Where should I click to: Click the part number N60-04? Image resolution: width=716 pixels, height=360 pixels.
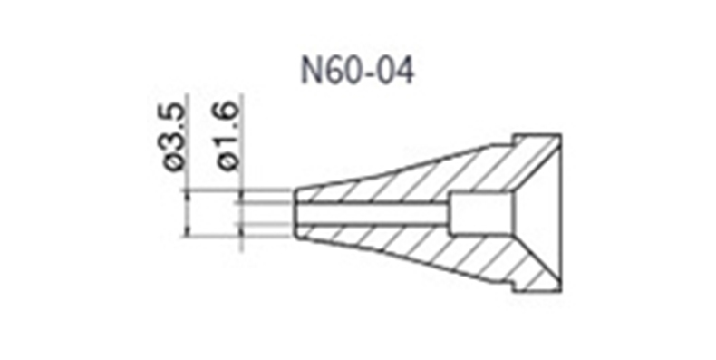[357, 71]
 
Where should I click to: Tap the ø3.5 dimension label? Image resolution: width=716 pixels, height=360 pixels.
[175, 137]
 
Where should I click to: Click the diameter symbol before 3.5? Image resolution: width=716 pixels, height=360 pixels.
[176, 162]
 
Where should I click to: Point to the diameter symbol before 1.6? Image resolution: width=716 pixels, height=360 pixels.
[227, 161]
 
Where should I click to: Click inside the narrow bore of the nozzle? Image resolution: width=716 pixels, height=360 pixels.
[373, 213]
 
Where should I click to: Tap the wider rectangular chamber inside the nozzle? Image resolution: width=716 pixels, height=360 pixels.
[481, 213]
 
